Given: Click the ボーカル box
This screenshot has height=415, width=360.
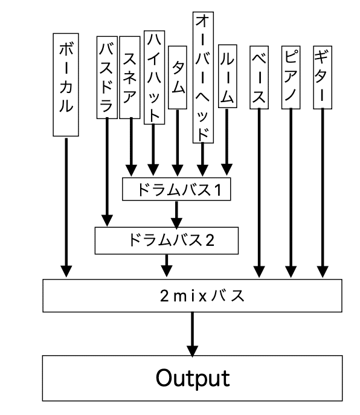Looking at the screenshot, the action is pyautogui.click(x=66, y=85).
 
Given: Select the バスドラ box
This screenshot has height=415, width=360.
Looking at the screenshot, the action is pyautogui.click(x=107, y=77).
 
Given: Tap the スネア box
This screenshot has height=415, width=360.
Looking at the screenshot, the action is pyautogui.click(x=130, y=77).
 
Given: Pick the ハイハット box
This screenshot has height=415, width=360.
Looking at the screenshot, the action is pyautogui.click(x=154, y=77).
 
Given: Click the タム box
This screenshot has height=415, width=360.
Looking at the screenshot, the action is pyautogui.click(x=178, y=77).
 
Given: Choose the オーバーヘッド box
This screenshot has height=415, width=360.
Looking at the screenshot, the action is pyautogui.click(x=203, y=77).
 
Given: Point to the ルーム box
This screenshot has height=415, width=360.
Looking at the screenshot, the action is pyautogui.click(x=227, y=76).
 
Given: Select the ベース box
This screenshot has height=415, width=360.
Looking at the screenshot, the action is pyautogui.click(x=259, y=77).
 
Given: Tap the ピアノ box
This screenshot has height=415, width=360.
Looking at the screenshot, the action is pyautogui.click(x=291, y=77).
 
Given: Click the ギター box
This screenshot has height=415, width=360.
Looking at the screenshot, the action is pyautogui.click(x=323, y=77).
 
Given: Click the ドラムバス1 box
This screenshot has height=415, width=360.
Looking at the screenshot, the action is pyautogui.click(x=176, y=189).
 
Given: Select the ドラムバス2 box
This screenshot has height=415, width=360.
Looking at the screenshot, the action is pyautogui.click(x=167, y=240).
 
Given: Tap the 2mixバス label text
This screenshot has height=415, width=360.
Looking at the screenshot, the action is pyautogui.click(x=202, y=296).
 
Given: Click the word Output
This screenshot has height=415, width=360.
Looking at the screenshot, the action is pyautogui.click(x=193, y=378).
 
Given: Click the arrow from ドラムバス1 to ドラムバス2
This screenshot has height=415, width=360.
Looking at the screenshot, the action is pyautogui.click(x=176, y=214).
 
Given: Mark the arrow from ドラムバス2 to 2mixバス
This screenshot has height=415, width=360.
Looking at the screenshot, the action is pyautogui.click(x=167, y=266).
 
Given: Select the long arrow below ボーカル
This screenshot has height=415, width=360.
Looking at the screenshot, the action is pyautogui.click(x=66, y=208).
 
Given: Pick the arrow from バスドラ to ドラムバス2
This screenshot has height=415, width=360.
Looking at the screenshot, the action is pyautogui.click(x=107, y=172).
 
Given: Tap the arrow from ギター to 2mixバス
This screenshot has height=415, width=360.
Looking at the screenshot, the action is pyautogui.click(x=323, y=193).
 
